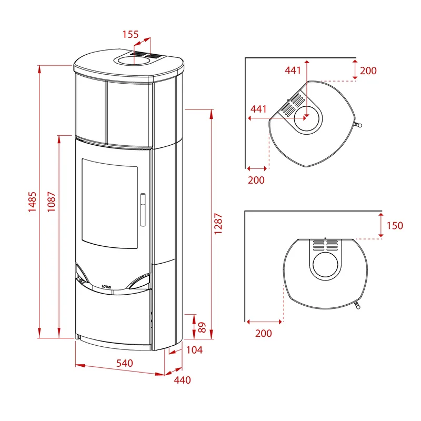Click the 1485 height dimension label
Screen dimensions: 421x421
[x=32, y=202]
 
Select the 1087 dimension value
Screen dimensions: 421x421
[x=51, y=202]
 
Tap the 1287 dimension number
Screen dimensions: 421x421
[x=218, y=224]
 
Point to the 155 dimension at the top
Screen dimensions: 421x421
[x=131, y=34]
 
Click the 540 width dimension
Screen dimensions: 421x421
[x=125, y=363]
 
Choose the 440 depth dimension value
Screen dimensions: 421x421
[x=182, y=380]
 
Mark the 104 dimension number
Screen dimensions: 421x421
[x=194, y=350]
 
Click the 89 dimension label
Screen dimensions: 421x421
[x=202, y=327]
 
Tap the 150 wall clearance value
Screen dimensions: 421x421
[x=395, y=226]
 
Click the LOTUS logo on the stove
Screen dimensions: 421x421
[x=106, y=287]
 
